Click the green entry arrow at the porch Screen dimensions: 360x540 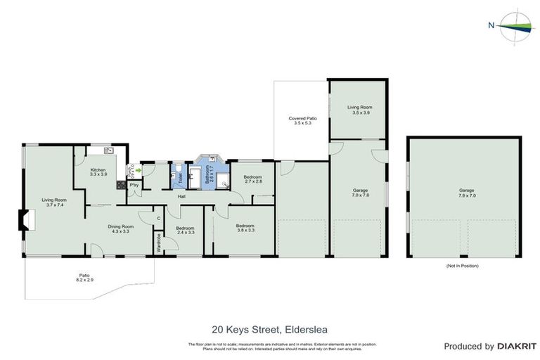pyautogui.click(x=139, y=169)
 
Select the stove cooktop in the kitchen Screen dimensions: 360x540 pyautogui.click(x=120, y=186)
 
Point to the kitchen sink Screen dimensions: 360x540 pyautogui.click(x=108, y=150)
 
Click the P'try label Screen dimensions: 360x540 pyautogui.click(x=133, y=186)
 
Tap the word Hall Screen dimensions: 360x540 pyautogui.click(x=181, y=196)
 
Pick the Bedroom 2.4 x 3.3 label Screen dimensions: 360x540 pyautogui.click(x=185, y=230)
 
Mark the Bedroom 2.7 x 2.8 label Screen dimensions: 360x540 pyautogui.click(x=252, y=179)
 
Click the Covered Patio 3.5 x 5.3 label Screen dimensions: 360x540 pyautogui.click(x=302, y=120)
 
